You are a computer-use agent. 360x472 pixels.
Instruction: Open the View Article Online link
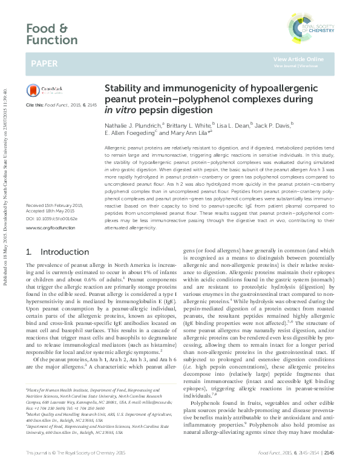[x=298, y=59]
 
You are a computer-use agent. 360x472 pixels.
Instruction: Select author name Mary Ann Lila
[x=189, y=133]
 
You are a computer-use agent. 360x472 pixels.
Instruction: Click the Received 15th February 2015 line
[x=54, y=206]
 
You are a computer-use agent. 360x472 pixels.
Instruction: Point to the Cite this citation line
[x=61, y=105]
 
